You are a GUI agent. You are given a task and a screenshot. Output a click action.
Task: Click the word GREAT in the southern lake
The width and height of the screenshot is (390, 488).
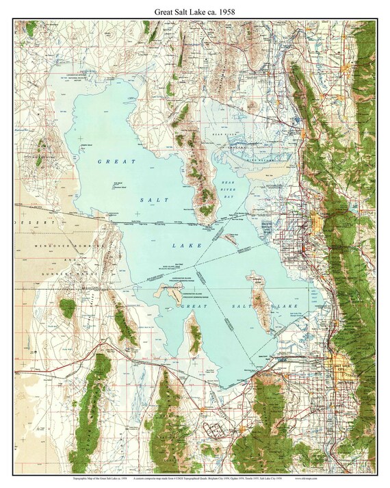(193, 308)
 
